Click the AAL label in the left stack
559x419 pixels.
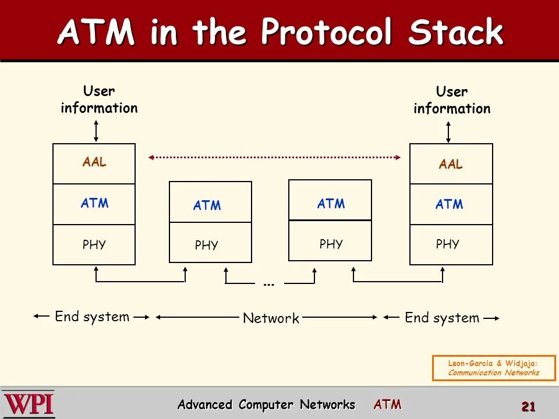[94, 162]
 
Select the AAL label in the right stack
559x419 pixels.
[451, 165]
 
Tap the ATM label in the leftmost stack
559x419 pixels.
[94, 204]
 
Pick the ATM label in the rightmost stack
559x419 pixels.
[450, 204]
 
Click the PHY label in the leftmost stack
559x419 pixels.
[94, 245]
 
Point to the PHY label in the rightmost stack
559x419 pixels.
[448, 244]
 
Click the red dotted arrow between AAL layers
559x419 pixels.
[275, 157]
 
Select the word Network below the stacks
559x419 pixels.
[271, 318]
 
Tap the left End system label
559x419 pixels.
[92, 317]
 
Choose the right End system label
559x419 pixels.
[442, 318]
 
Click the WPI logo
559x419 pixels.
[29, 403]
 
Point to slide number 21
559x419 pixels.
[528, 407]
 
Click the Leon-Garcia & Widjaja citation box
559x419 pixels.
[493, 368]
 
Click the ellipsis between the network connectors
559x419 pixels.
[268, 284]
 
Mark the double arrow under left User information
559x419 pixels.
[96, 130]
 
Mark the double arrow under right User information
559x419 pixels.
[448, 130]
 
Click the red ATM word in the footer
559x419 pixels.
[387, 404]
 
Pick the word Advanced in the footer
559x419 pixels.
[204, 404]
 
